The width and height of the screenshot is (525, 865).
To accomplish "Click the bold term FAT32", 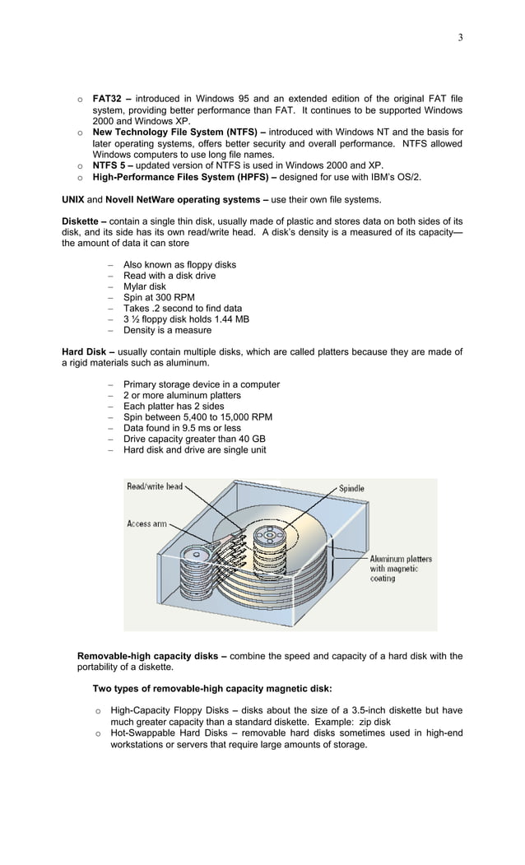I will pyautogui.click(x=107, y=100).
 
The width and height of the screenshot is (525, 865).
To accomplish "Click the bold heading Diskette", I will pyautogui.click(x=82, y=221).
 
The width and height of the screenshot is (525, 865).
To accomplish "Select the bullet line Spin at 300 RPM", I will pyautogui.click(x=159, y=297).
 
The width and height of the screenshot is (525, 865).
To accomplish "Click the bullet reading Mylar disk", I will pyautogui.click(x=144, y=286).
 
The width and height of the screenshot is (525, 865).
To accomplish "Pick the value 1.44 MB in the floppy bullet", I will pyautogui.click(x=230, y=319).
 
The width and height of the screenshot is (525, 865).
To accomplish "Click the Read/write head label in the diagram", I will pyautogui.click(x=155, y=486).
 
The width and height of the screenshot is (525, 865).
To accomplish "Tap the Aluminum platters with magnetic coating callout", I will pyautogui.click(x=400, y=569).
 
